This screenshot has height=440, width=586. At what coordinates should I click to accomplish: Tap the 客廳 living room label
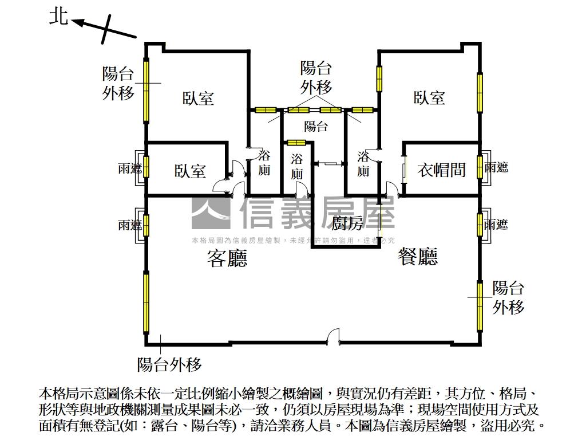pyautogui.click(x=227, y=260)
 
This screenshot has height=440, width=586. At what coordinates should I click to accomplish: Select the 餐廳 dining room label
pyautogui.click(x=418, y=257)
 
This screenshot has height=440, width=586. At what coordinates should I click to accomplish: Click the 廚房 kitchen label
pyautogui.click(x=347, y=223)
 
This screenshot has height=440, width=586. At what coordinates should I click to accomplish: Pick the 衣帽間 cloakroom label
pyautogui.click(x=442, y=170)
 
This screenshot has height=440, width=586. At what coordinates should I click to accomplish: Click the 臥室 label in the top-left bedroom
pyautogui.click(x=199, y=98)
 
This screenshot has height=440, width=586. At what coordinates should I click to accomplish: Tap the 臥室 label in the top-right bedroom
pyautogui.click(x=429, y=97)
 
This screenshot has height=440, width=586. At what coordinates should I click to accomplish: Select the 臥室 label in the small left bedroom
pyautogui.click(x=191, y=171)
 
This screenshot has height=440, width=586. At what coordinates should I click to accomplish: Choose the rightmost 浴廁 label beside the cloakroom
pyautogui.click(x=363, y=163)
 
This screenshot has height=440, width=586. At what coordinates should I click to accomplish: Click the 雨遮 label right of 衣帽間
pyautogui.click(x=496, y=168)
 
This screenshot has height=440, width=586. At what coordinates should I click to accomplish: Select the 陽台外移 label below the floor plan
pyautogui.click(x=169, y=364)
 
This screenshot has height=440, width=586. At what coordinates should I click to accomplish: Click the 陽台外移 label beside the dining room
pyautogui.click(x=508, y=298)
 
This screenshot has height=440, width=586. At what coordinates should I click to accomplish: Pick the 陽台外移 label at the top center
pyautogui.click(x=316, y=78)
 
